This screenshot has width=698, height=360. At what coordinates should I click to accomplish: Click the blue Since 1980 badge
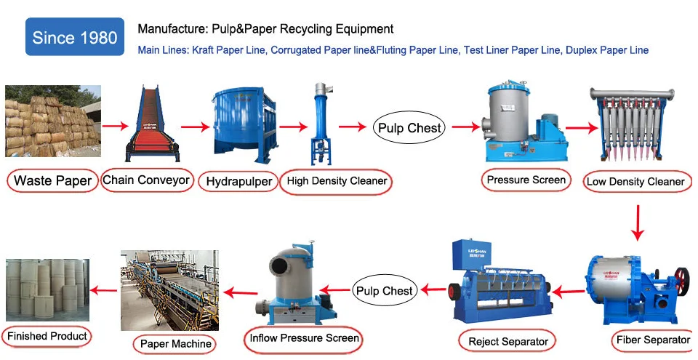(x=74, y=37)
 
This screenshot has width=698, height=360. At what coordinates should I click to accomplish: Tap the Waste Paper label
(x=53, y=180)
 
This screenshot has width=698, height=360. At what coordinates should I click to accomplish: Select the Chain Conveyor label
(x=146, y=180)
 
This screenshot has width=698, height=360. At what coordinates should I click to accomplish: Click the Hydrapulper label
(x=238, y=180)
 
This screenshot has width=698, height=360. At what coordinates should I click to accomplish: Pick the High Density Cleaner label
(x=336, y=180)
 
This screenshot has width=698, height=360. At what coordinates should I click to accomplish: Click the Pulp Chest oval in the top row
(x=409, y=128)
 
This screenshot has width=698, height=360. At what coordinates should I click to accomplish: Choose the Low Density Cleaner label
(x=635, y=181)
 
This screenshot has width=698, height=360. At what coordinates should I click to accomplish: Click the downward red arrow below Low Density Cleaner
(x=637, y=223)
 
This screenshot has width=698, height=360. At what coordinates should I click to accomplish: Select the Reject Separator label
(x=507, y=340)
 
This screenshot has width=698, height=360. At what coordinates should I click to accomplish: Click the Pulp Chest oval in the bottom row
(x=383, y=291)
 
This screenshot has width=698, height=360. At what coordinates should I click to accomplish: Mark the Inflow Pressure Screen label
(x=304, y=338)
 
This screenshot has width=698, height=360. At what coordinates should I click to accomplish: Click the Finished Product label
(x=48, y=336)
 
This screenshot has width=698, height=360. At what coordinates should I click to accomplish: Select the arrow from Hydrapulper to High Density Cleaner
(x=287, y=128)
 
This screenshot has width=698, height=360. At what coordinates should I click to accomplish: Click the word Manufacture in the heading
(x=165, y=29)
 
